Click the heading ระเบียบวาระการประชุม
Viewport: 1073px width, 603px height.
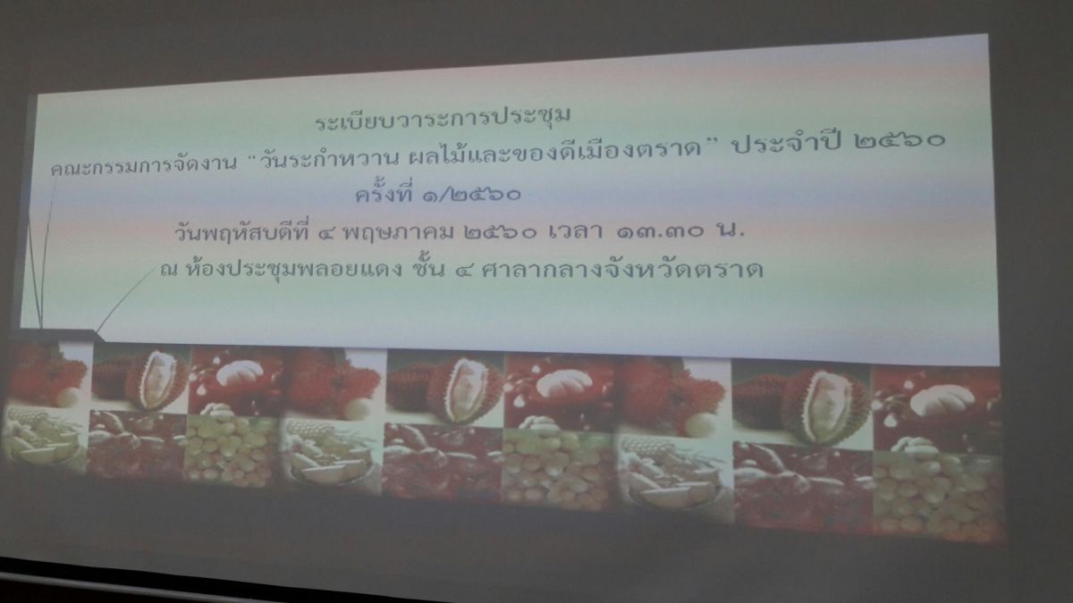[444, 119]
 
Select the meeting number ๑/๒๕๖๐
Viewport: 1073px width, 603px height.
[471, 195]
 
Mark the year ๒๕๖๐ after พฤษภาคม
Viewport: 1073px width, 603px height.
[500, 233]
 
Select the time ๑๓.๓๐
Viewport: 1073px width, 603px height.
[661, 231]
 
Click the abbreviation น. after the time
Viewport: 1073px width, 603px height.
[731, 231]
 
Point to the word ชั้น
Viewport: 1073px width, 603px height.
[428, 268]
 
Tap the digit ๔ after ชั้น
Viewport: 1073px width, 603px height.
[463, 271]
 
